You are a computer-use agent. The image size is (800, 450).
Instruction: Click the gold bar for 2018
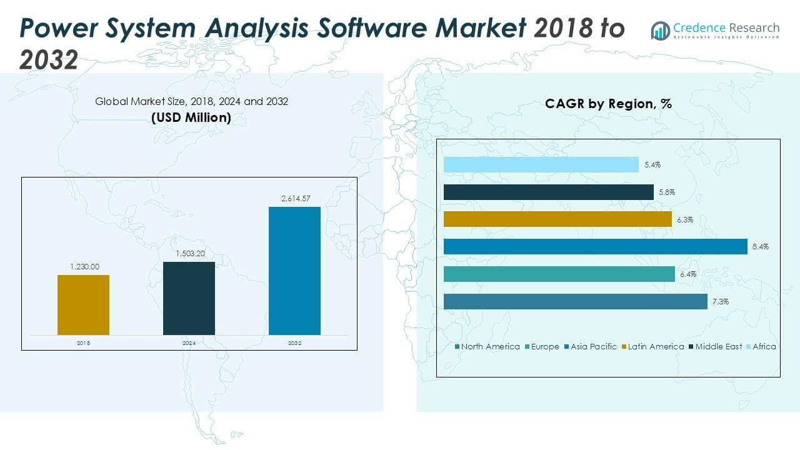(x=83, y=304)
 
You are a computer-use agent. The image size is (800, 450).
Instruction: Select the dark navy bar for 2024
(x=189, y=298)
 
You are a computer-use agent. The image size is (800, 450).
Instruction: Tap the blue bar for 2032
(x=294, y=271)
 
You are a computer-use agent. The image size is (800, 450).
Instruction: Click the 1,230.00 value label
(x=84, y=267)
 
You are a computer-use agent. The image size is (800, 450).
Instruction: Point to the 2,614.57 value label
(x=294, y=199)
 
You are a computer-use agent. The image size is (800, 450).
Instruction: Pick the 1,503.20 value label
(x=189, y=253)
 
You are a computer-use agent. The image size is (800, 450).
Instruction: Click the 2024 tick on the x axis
(x=189, y=343)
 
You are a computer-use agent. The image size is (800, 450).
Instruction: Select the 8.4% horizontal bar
(x=595, y=247)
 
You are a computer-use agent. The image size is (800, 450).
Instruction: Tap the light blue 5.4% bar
(x=541, y=164)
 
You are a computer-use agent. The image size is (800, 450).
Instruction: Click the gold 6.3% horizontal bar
(x=557, y=219)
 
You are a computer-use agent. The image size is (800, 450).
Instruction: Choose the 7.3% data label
(x=720, y=302)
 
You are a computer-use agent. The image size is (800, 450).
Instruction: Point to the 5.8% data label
(x=666, y=192)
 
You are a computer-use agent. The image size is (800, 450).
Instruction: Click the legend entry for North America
(x=487, y=346)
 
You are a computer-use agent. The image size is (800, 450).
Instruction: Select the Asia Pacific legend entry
(x=590, y=346)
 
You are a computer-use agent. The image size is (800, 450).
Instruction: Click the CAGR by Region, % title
(x=608, y=104)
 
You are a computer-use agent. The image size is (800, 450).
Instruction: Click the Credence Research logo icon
(x=660, y=30)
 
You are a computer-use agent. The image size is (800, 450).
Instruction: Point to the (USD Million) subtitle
(x=191, y=117)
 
